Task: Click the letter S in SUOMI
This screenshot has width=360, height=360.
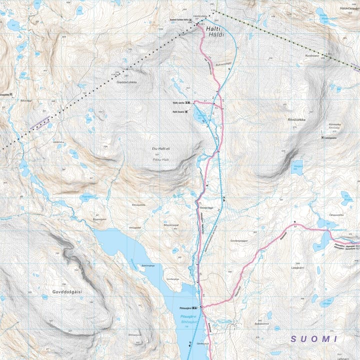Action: tap(295, 339)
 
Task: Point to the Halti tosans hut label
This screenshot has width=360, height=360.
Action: tap(178, 111)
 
